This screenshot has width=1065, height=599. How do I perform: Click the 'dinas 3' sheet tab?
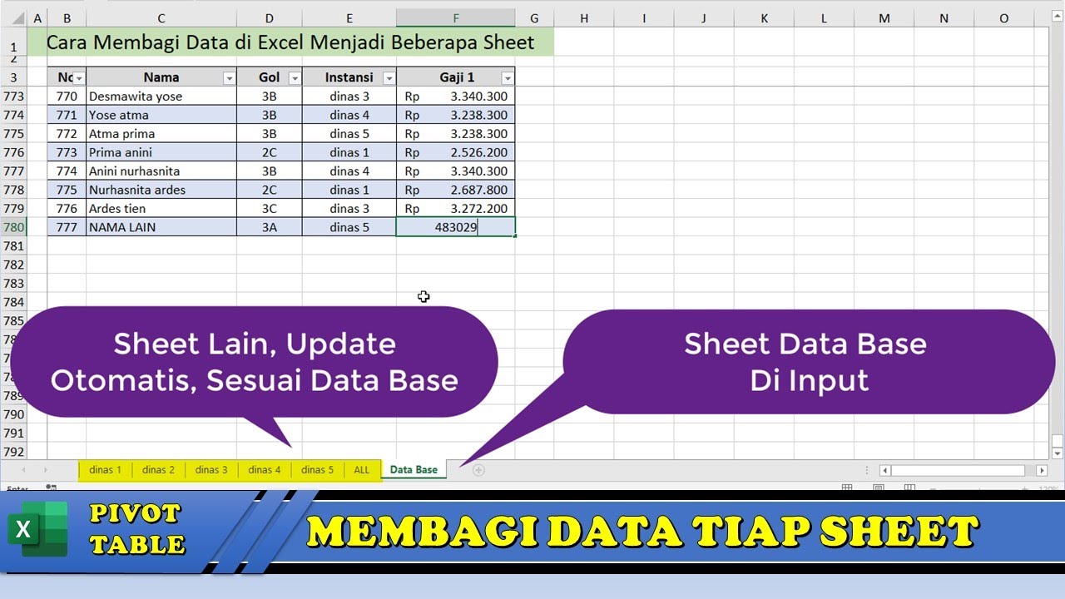pos(211,470)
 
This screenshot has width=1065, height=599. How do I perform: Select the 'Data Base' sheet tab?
pos(414,470)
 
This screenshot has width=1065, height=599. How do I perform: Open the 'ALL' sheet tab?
pos(362,470)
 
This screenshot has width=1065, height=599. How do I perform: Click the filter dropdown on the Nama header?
pos(229,78)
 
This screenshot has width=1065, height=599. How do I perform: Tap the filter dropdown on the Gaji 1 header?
pos(507,78)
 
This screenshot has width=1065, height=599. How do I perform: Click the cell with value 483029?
pos(456,227)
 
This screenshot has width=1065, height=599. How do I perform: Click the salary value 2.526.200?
pos(478,152)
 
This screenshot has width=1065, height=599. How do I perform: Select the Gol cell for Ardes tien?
pos(269,209)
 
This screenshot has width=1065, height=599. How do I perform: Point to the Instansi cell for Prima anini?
pos(349,152)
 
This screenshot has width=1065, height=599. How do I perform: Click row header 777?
pos(13,171)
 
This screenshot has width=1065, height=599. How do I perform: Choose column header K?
pos(764,18)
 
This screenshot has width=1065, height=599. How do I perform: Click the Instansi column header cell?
pos(349,77)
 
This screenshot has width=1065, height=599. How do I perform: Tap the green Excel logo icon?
pos(38,529)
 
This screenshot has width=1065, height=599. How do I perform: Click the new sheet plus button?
pos(478,470)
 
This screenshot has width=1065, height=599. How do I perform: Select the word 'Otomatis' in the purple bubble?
pos(122,380)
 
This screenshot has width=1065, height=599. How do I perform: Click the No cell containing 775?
pos(67,190)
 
